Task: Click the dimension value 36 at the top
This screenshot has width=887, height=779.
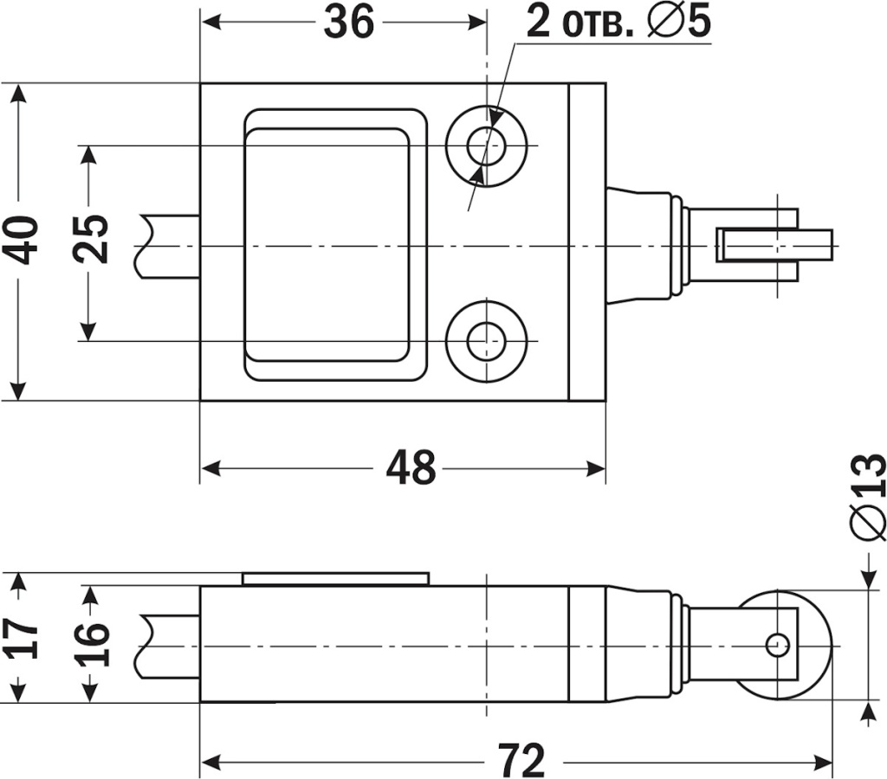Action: [x=348, y=23]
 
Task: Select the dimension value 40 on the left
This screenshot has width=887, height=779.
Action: [x=24, y=240]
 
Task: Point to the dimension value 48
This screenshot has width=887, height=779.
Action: [x=411, y=468]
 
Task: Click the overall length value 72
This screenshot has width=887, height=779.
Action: [x=521, y=761]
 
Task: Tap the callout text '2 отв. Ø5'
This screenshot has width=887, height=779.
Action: [x=618, y=23]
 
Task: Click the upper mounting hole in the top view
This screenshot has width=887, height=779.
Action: [x=487, y=145]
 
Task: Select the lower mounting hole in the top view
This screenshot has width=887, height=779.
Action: [x=487, y=341]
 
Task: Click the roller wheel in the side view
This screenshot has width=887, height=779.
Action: [x=814, y=645]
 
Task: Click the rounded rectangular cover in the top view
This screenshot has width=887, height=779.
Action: [x=335, y=244]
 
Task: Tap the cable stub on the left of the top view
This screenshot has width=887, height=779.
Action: [x=169, y=246]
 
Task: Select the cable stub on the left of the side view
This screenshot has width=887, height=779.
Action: [x=169, y=645]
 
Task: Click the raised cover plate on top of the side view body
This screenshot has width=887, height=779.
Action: [x=335, y=578]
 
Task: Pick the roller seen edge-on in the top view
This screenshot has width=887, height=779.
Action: [x=774, y=245]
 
